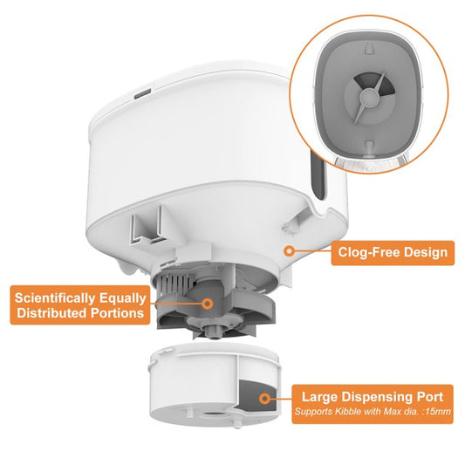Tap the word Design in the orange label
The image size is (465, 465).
coord(426,252)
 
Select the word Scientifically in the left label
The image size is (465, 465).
coord(55,298)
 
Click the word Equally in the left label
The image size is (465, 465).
coord(122,298)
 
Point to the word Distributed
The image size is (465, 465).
coord(52,313)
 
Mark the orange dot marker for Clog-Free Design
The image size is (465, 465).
coord(289,251)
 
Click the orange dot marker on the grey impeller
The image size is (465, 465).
coord(208,304)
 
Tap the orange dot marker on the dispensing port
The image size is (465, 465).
coord(264,399)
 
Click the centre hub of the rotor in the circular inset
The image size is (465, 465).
coord(368,97)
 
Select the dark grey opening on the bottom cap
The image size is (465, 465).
coord(257,395)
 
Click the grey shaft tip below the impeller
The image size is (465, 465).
coord(213,332)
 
